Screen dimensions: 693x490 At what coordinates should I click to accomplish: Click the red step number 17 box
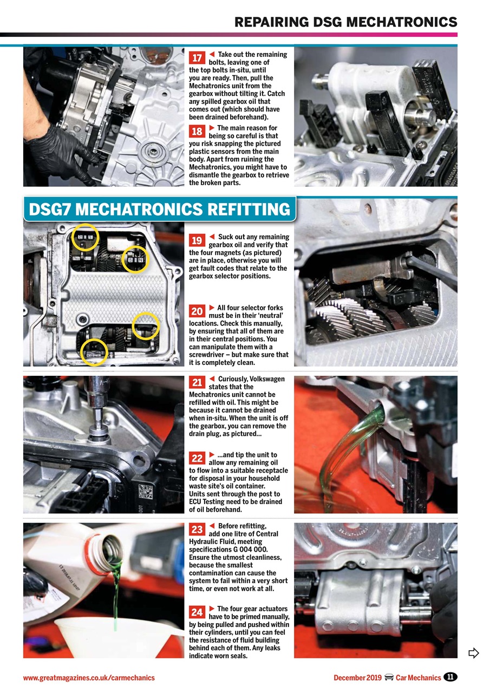pos(197,58)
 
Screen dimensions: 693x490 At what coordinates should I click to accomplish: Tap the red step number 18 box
pos(197,132)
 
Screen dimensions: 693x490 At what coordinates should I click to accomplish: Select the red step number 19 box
pos(197,240)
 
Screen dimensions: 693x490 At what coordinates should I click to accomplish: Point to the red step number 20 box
pos(197,311)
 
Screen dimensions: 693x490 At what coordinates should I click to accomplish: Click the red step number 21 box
pos(197,383)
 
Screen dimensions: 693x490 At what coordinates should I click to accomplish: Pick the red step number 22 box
pos(197,458)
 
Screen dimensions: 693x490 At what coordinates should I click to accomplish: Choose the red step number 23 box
pos(197,529)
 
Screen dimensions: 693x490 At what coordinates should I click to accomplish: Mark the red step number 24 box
pos(197,612)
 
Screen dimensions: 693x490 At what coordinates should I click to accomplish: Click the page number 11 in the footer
pos(450,677)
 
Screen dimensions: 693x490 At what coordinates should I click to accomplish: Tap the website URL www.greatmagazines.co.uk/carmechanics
pos(89,678)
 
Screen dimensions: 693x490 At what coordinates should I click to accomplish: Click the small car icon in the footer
pos(388,677)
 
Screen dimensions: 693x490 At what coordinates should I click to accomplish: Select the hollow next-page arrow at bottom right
pos(473,652)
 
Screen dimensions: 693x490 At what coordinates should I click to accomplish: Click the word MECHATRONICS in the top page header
pos(401,22)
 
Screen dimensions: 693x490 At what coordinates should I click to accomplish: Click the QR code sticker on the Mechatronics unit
pos(146,491)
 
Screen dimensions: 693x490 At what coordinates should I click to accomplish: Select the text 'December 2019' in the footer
pos(357,678)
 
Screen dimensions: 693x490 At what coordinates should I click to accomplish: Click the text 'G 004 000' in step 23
pos(259,550)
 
